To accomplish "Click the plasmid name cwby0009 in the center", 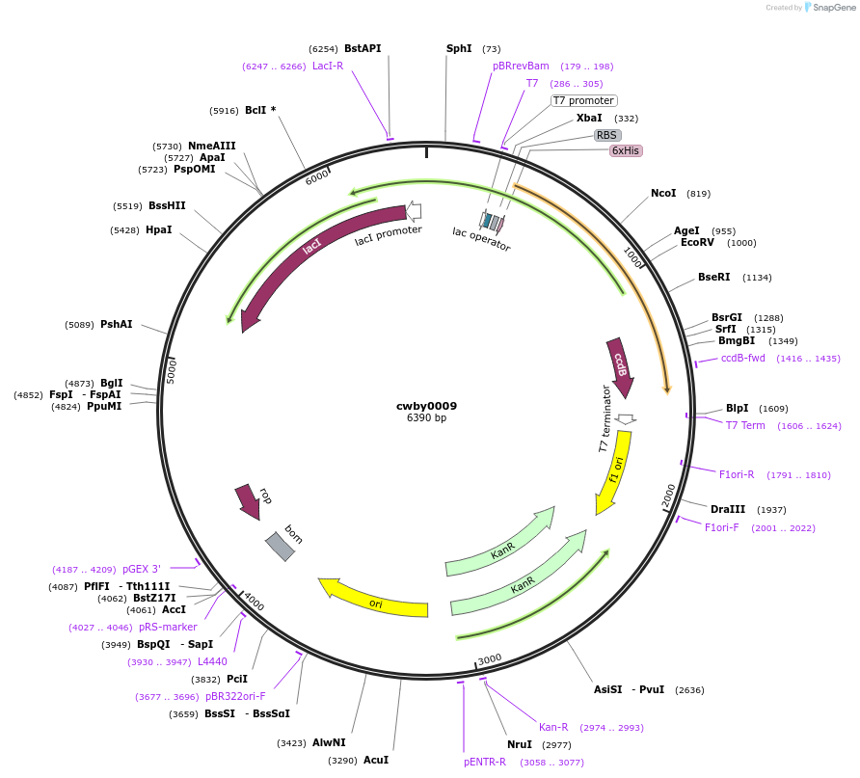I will [x=426, y=406].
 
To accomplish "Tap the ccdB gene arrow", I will [x=620, y=367].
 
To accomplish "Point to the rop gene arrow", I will [x=247, y=501].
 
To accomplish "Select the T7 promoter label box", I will [x=583, y=100].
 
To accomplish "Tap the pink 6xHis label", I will [x=626, y=150].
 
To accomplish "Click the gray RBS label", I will [x=606, y=135].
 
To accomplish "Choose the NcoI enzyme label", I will [x=663, y=194].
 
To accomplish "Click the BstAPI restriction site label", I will [x=363, y=48].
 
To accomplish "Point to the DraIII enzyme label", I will [x=728, y=509].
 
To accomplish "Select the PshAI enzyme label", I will [x=117, y=325].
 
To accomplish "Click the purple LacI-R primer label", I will [x=328, y=66].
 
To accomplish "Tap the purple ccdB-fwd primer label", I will [x=743, y=358].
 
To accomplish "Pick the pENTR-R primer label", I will [x=485, y=762].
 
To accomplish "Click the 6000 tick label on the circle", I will [x=317, y=178].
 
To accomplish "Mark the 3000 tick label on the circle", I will [x=490, y=658].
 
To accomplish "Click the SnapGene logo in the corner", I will [x=825, y=8].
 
